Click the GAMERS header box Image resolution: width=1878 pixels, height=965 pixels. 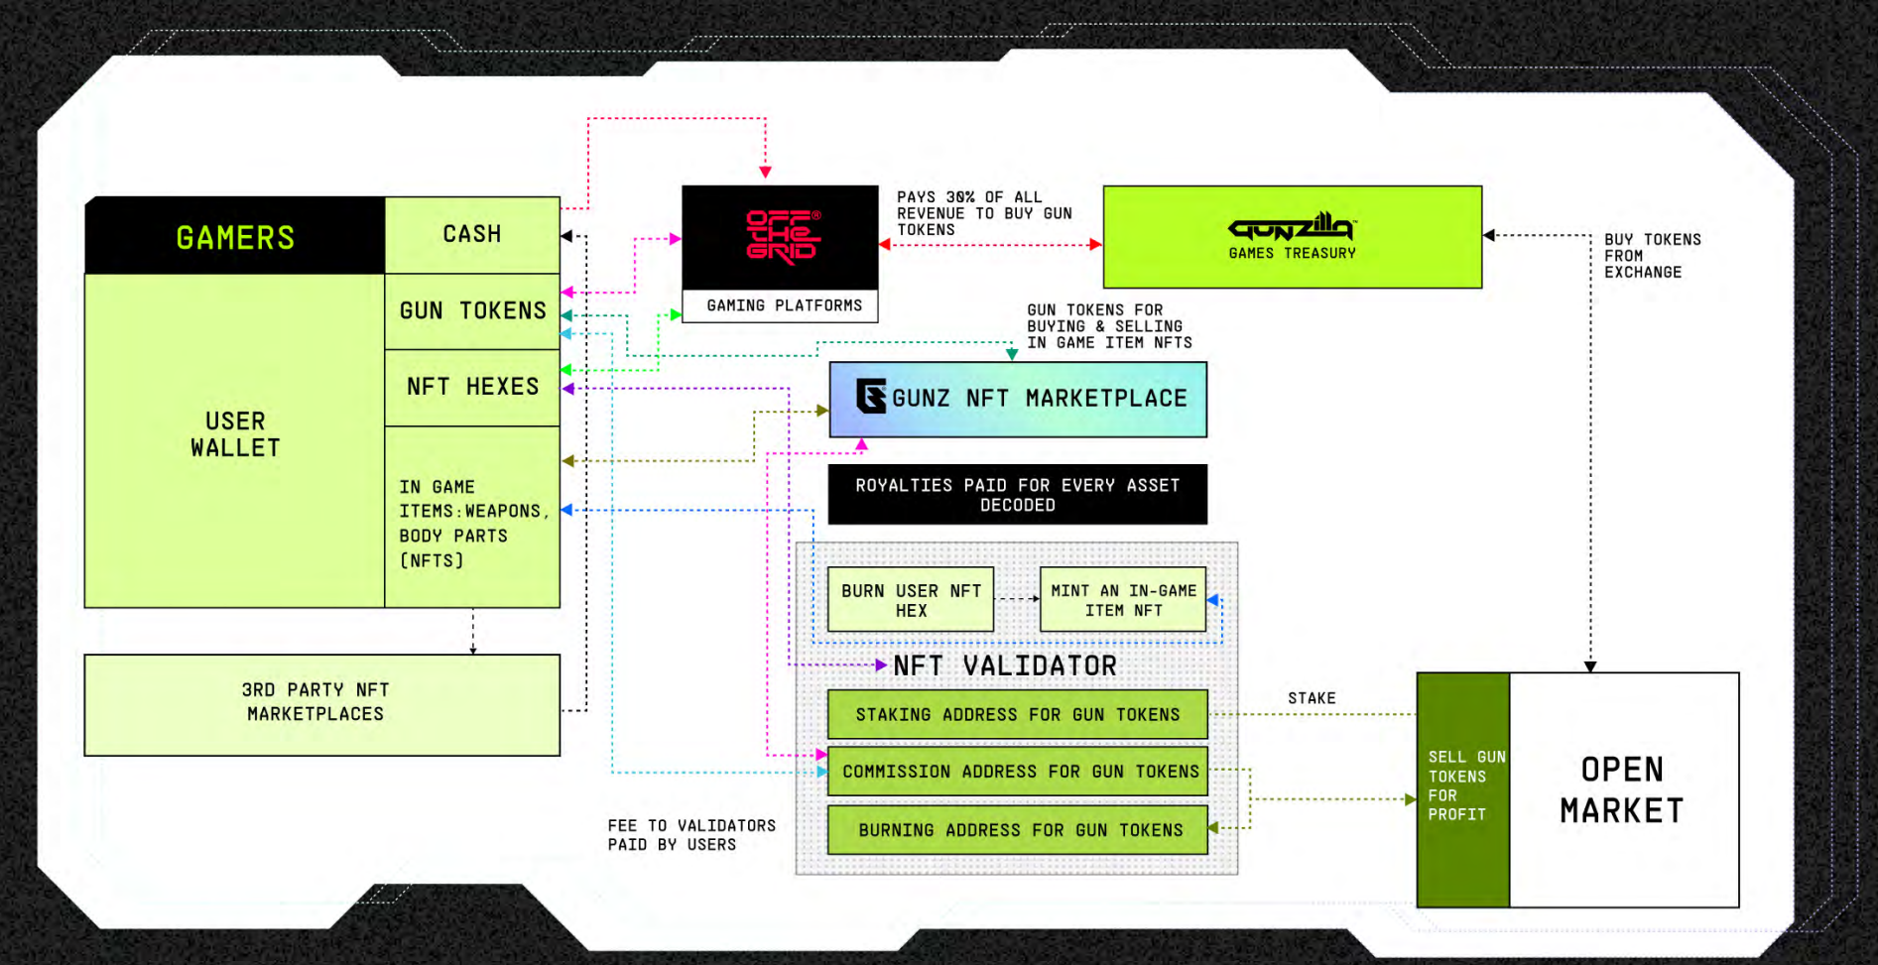click(235, 236)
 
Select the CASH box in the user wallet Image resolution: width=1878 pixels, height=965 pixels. click(472, 235)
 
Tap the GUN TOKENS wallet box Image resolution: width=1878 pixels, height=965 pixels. click(472, 311)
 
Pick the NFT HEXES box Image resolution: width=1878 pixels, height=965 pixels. click(472, 387)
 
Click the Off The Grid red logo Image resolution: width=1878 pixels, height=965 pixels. click(782, 236)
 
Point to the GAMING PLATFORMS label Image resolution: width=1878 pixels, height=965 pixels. click(784, 305)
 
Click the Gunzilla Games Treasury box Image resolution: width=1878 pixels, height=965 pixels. click(1292, 237)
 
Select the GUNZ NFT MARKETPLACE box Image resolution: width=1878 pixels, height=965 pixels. click(1018, 399)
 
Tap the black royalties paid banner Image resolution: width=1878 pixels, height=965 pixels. click(1018, 494)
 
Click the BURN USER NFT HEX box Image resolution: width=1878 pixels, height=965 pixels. click(911, 600)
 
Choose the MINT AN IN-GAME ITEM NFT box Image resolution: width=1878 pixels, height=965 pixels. click(1123, 600)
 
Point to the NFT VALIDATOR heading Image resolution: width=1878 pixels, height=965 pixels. click(1004, 665)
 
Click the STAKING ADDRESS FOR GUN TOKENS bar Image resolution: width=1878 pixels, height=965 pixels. click(1018, 714)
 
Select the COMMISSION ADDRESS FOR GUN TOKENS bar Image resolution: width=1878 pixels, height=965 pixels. click(1018, 772)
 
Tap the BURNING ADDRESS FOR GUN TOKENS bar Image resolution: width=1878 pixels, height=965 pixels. click(1018, 830)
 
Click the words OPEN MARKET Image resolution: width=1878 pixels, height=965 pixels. click(1622, 790)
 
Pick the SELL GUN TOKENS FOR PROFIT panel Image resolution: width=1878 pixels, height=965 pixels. click(1463, 786)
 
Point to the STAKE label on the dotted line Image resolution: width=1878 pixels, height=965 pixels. click(1312, 698)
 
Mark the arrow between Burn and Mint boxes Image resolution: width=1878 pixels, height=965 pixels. click(1017, 599)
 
